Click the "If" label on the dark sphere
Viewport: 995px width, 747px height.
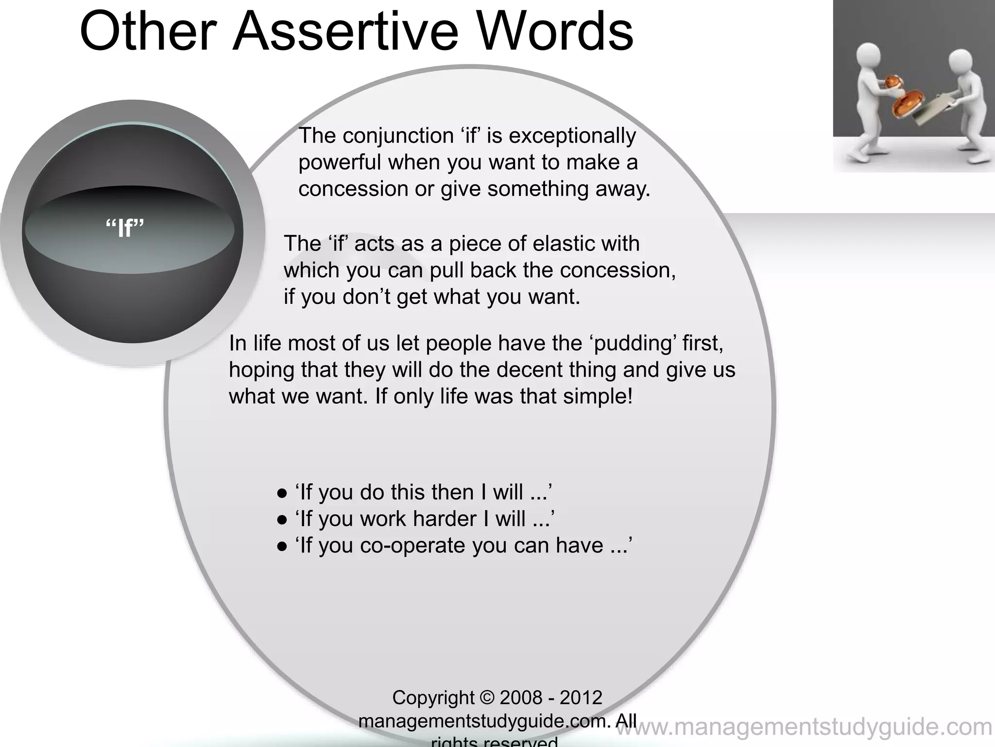125,228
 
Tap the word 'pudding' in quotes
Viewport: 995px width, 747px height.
634,343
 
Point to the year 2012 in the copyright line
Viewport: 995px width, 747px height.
581,698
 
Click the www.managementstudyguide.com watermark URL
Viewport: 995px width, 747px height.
805,728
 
